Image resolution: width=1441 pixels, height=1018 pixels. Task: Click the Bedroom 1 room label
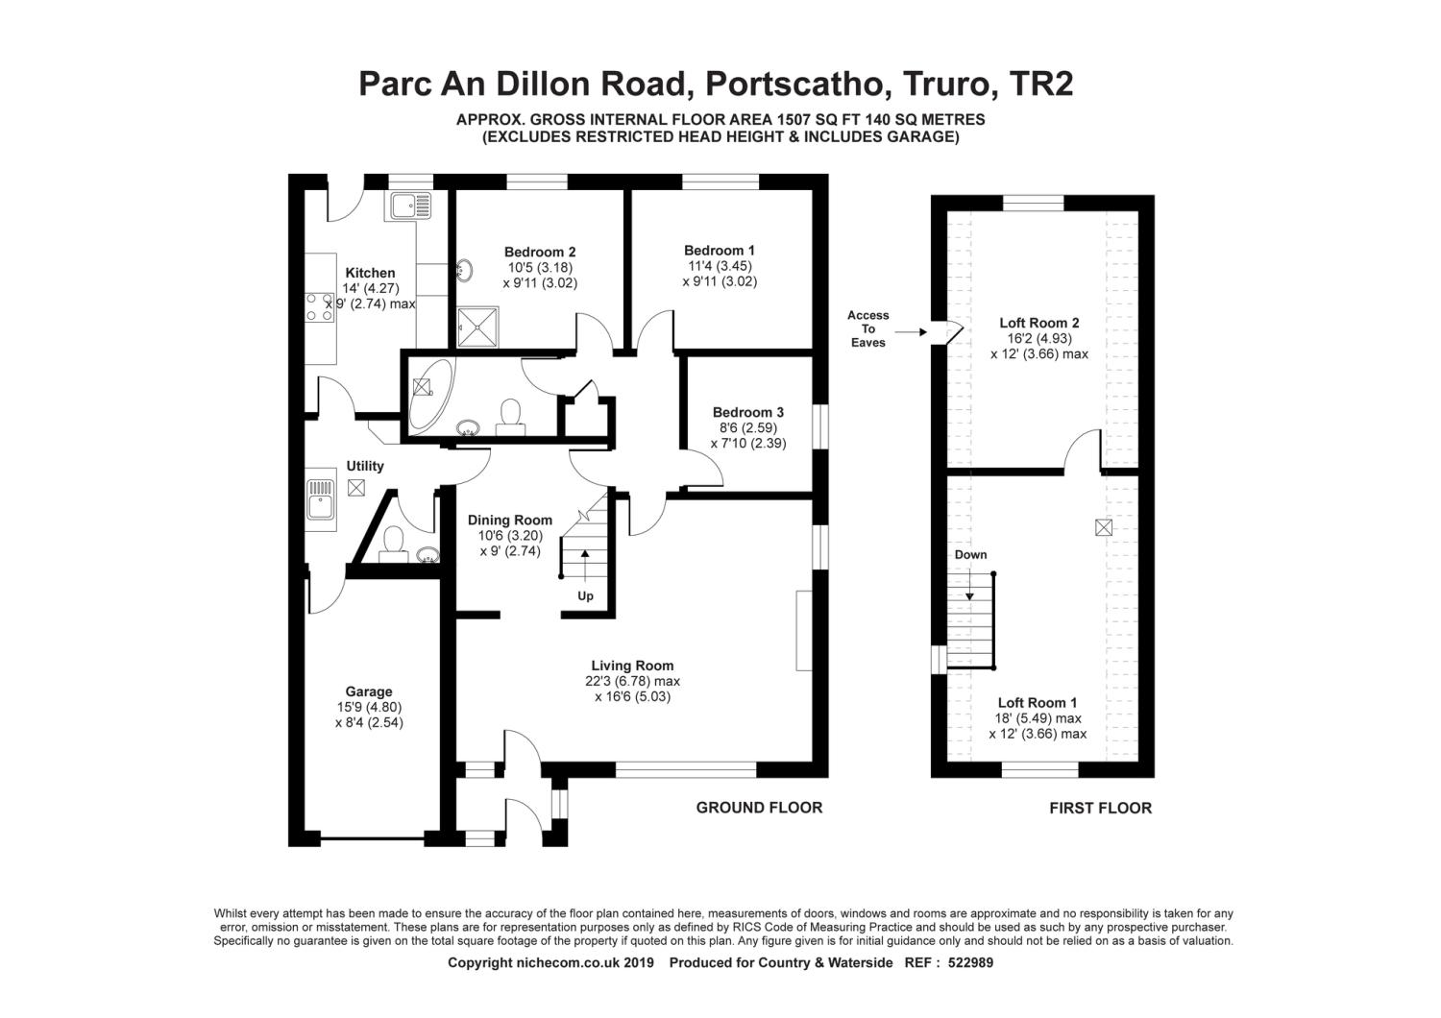720,250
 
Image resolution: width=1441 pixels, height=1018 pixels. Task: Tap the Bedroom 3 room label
748,412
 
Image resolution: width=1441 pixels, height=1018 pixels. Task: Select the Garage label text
369,691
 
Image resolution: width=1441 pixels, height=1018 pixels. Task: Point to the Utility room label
365,466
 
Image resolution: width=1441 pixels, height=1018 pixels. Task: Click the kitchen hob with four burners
320,307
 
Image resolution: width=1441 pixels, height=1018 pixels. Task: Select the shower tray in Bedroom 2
478,327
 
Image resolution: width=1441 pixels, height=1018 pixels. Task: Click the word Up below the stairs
585,596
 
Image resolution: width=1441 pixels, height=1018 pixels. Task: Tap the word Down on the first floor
970,554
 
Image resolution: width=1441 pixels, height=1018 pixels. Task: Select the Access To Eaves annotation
867,328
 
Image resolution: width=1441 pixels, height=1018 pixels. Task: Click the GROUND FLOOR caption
759,808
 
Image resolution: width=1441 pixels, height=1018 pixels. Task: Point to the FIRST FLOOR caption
1100,809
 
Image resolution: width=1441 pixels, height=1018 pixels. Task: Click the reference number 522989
970,962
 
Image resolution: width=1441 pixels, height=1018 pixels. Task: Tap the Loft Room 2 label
1038,323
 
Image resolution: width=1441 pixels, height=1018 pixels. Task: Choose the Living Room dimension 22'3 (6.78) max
632,681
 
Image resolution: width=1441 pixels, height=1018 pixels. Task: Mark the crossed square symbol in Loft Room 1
1103,528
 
